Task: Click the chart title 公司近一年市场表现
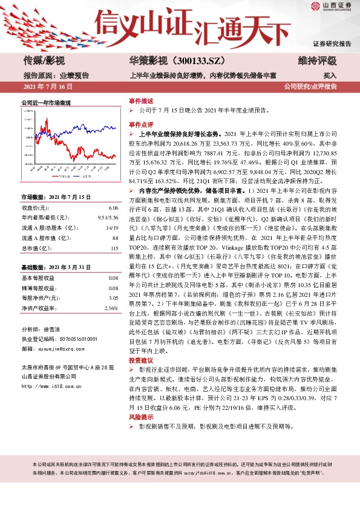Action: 46,103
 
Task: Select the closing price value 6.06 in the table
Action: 113,208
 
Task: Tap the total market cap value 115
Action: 114,248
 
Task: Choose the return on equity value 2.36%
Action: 111,308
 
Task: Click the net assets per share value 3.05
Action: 113,298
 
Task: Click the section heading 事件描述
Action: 141,101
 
